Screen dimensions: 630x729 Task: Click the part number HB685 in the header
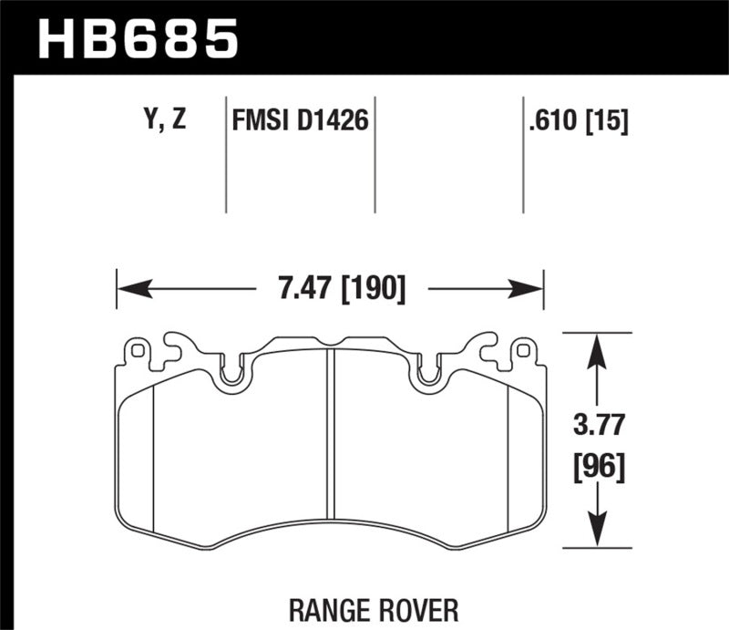point(137,38)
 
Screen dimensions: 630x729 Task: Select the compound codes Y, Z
point(164,119)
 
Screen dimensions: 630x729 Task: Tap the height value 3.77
point(598,424)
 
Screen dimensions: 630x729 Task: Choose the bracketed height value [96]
point(598,468)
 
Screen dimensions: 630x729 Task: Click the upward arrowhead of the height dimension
point(595,347)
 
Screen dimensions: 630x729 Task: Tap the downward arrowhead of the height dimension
point(595,533)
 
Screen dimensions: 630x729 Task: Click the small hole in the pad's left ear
point(138,349)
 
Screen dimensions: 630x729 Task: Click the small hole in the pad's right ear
point(522,349)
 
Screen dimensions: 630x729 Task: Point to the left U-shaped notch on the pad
point(234,374)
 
